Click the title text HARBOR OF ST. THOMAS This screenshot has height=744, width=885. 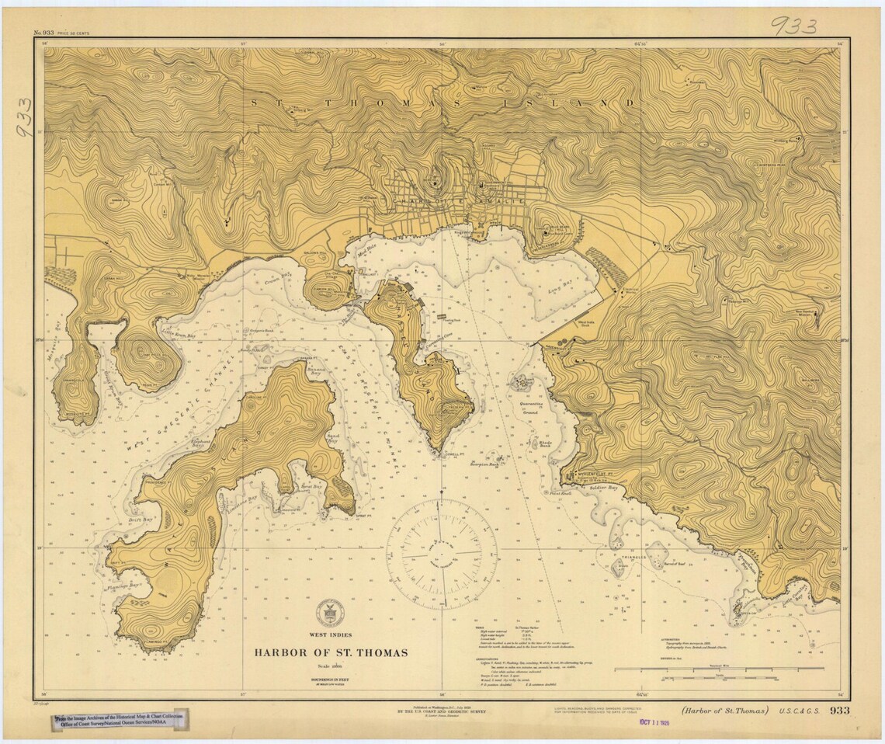point(330,652)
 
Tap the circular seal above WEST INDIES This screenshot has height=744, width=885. point(330,609)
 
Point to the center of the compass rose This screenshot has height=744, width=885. point(442,554)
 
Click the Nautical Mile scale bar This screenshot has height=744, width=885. point(718,668)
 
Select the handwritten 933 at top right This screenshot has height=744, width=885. point(793,26)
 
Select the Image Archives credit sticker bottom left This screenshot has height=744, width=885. point(120,721)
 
